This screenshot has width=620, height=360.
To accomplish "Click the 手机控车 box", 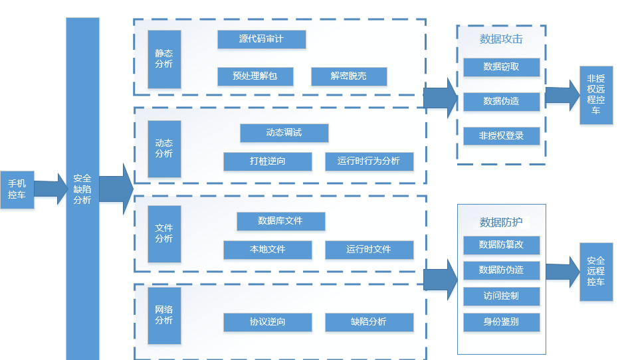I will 17,189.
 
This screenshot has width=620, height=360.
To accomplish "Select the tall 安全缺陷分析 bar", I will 82,189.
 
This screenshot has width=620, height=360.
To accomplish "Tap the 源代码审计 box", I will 261,39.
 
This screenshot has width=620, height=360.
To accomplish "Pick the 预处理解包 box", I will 255,76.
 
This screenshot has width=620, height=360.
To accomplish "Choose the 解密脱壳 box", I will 349,76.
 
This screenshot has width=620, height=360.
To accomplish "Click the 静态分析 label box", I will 164,59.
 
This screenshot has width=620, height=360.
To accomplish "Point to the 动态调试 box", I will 284,133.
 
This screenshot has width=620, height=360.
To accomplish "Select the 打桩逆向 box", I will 268,161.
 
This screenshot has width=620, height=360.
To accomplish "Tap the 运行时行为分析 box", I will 369,161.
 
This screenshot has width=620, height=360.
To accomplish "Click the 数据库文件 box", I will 280,221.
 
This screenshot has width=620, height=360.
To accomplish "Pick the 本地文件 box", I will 268,250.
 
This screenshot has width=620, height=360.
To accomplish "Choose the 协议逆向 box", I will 268,322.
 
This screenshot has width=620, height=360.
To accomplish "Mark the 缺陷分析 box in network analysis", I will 369,322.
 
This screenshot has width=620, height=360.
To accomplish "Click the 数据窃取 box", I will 501,67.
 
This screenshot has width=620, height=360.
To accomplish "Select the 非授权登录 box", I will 501,136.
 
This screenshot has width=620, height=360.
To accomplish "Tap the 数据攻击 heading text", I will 501,39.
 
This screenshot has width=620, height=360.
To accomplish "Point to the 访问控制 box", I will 501,296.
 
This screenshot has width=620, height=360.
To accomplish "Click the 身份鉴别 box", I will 501,323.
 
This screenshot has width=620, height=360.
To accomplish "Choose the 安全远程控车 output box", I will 595,271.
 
